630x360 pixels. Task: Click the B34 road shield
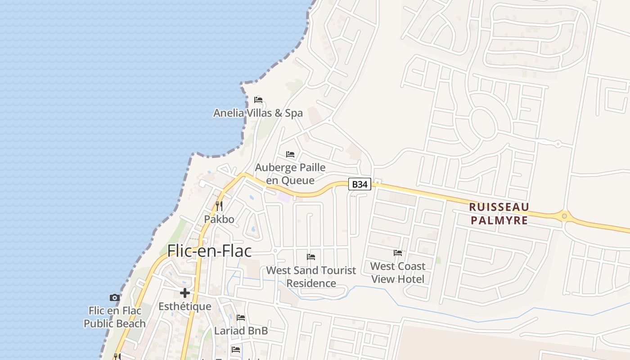pos(360,184)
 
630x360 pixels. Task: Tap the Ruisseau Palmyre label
pos(499,214)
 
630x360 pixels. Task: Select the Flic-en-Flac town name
pos(209,251)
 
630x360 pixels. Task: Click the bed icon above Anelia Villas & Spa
pos(258,100)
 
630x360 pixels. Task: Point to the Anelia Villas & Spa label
pos(258,113)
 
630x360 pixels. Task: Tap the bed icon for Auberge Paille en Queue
pos(290,154)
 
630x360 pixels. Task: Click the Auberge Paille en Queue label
pos(290,174)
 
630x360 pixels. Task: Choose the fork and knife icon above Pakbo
pos(219,206)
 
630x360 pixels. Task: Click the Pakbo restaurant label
pos(219,219)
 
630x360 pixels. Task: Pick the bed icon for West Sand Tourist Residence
pos(311,257)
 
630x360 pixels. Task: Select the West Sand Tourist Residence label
pos(311,277)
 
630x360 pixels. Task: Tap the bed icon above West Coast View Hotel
pos(398,253)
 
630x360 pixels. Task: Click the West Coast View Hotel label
pos(398,273)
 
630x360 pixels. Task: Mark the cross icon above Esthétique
pos(184,293)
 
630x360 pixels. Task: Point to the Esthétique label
pos(184,306)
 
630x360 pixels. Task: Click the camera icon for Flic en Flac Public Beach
pos(115,297)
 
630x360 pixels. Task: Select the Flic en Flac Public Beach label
pos(115,317)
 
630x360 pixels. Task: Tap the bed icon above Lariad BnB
pos(241,318)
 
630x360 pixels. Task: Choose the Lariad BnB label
pos(241,331)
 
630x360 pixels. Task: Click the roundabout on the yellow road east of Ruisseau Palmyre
pos(564,216)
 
